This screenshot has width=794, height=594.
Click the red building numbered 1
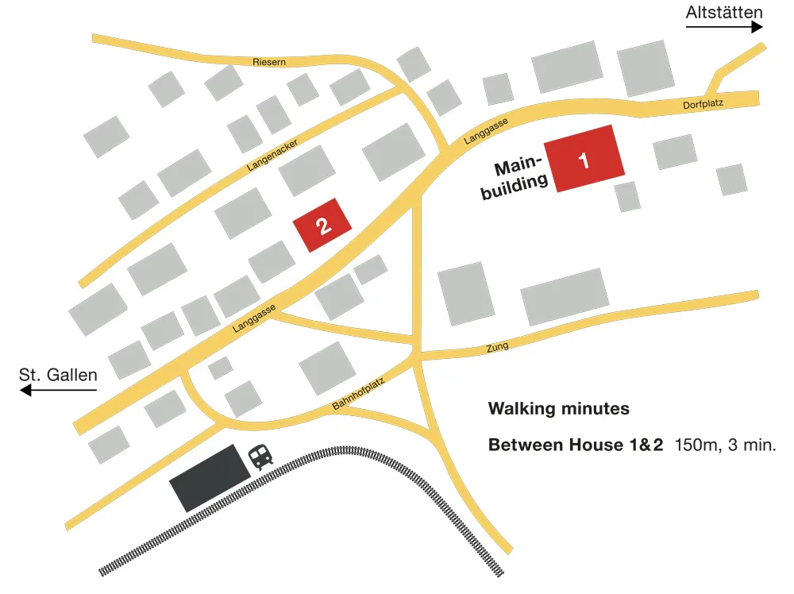click(x=584, y=159)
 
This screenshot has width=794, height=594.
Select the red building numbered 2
click(x=322, y=225)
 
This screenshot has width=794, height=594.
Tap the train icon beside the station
click(x=260, y=456)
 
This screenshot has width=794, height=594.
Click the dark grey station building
click(x=210, y=477)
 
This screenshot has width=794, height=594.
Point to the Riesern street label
click(x=268, y=61)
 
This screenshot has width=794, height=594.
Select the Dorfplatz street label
click(x=703, y=105)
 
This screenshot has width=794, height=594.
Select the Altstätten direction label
click(x=725, y=11)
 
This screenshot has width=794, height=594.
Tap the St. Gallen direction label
click(x=58, y=374)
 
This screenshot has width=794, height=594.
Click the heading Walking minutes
click(x=558, y=409)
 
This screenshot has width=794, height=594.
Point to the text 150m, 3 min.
click(x=725, y=445)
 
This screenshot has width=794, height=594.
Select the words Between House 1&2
click(x=575, y=445)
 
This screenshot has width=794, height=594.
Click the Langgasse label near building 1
click(x=485, y=132)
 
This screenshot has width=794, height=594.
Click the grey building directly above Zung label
click(x=565, y=296)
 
